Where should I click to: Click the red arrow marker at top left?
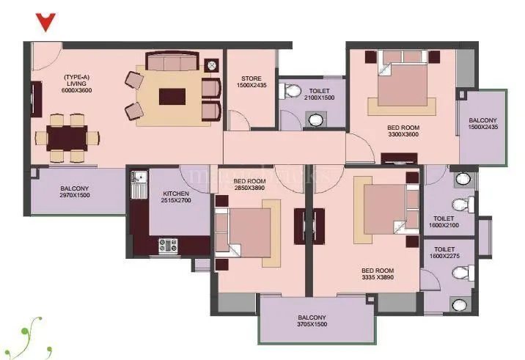coord(46,22)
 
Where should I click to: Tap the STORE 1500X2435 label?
coord(252,83)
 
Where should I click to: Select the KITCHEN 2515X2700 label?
coord(176,198)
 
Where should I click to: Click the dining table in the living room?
coord(67,136)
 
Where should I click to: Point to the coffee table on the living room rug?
coord(172,96)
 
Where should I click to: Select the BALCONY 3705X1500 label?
coord(312,322)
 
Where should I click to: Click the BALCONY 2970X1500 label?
coord(75,192)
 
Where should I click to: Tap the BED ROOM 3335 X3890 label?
coord(378,273)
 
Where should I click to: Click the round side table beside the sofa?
coord(213,65)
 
